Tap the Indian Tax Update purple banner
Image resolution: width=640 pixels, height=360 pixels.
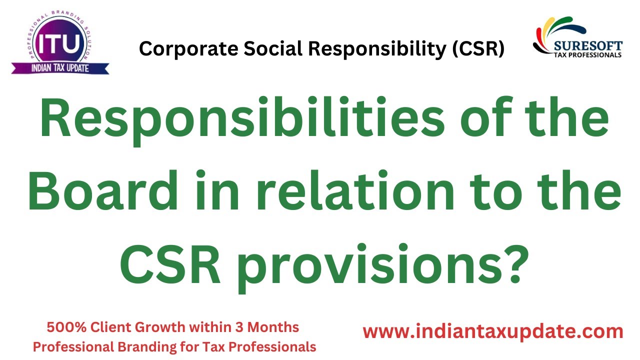pyautogui.click(x=60, y=67)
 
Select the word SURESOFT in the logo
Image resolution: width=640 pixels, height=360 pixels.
pyautogui.click(x=588, y=46)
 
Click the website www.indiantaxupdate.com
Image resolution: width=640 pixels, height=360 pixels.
pyautogui.click(x=492, y=332)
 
